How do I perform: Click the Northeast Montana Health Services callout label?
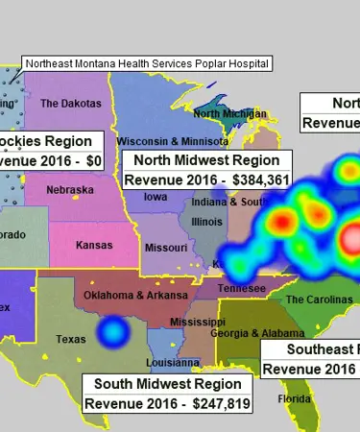point(147,63)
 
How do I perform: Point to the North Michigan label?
point(230,113)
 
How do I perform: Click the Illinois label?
point(206,222)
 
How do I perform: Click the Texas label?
point(71,339)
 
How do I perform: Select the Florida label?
point(289,398)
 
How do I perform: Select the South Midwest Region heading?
point(167,384)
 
